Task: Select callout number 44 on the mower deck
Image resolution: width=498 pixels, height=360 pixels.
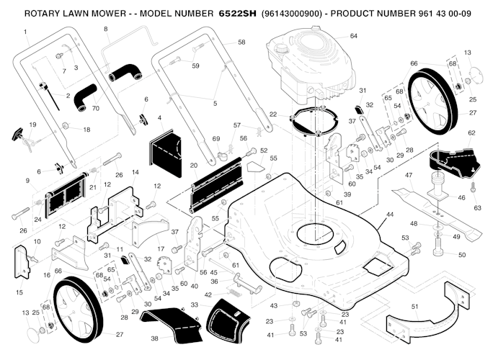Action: pos(390,215)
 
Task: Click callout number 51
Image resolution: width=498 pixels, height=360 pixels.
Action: pos(414,306)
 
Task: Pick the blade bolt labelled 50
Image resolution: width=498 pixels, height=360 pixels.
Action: pos(439,253)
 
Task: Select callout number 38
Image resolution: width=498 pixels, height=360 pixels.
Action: pos(154,338)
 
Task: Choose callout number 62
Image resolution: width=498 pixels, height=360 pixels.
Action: pos(472,133)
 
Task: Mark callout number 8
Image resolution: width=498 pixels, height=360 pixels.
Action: pos(106,28)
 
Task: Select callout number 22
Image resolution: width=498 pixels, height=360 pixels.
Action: pos(272,114)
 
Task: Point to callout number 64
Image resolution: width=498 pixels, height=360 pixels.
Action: pos(354,36)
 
